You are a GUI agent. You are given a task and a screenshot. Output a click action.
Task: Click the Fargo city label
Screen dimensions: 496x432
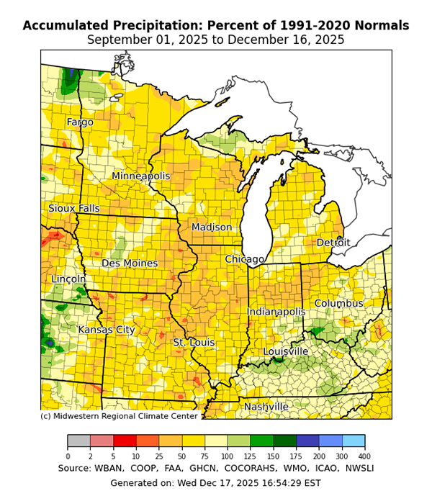[x=80, y=122]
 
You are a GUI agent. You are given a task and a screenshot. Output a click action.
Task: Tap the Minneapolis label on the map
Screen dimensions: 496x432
[x=141, y=176]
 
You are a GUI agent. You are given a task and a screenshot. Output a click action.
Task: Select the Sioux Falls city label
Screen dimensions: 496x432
[x=74, y=209]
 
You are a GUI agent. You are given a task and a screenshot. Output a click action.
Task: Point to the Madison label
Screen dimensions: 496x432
[x=212, y=227]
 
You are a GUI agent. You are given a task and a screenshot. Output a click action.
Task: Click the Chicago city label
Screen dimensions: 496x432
[x=244, y=259]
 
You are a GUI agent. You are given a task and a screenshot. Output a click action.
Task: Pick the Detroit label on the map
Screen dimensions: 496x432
[x=333, y=243]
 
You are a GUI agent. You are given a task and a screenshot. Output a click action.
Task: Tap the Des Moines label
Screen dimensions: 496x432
[x=130, y=263]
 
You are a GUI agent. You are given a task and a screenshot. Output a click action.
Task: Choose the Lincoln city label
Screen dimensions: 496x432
[x=68, y=279]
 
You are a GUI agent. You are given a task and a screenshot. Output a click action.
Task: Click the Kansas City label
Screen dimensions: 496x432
[x=107, y=330]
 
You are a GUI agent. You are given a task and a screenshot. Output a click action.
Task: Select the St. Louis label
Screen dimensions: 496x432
[x=194, y=343]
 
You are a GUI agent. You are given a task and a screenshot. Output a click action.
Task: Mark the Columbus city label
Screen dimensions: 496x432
[x=338, y=304]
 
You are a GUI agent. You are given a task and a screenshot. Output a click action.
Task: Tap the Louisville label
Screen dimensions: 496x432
[x=286, y=351]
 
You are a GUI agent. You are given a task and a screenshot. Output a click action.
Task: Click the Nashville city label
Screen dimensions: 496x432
[x=266, y=407]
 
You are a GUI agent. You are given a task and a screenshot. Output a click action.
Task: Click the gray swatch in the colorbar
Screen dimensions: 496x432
[x=78, y=441]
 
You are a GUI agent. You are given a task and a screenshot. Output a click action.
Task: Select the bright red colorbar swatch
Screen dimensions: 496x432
[x=125, y=441]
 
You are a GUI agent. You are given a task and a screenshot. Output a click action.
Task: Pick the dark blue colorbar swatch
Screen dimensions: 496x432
[x=307, y=441]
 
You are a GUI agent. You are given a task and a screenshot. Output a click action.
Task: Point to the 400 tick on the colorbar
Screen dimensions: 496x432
[x=364, y=456]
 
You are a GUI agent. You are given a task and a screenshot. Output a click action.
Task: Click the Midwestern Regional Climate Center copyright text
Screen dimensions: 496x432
[x=119, y=416]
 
